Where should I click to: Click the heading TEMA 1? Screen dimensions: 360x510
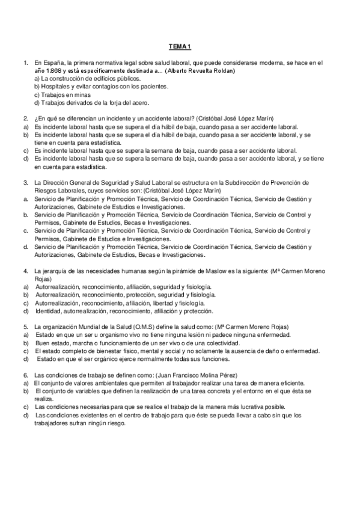pyautogui.click(x=180, y=46)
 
